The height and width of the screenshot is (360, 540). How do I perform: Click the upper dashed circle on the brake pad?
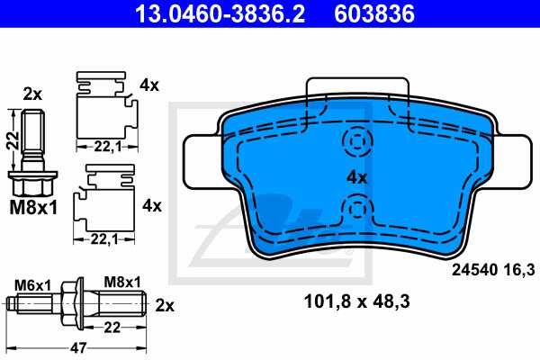357,142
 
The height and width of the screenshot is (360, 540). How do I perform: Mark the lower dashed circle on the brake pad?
357,211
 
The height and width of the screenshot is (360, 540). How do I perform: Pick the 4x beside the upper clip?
148,86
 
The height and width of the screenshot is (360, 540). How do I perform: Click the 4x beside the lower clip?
151,205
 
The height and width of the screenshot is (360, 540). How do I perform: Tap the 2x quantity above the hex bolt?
32,94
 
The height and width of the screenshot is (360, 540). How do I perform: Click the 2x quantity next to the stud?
166,304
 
